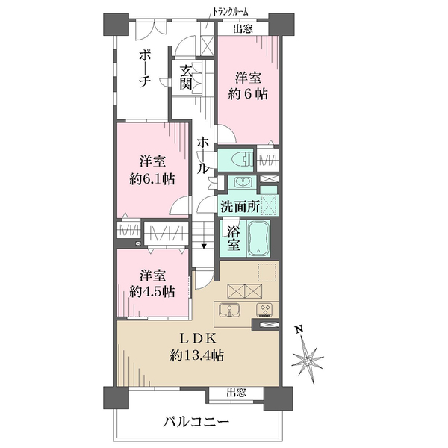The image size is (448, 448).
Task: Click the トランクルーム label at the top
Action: tap(230, 12)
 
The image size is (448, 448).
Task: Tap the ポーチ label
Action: tap(145, 69)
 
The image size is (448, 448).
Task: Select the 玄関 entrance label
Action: tap(186, 77)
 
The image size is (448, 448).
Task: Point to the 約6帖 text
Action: tap(248, 94)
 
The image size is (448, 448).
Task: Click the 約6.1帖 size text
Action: tap(152, 179)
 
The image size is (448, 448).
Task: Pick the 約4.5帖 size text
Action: tap(152, 292)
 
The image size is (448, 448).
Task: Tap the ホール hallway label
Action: tap(202, 155)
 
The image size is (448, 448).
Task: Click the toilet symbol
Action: tap(242, 160)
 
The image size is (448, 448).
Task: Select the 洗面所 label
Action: tap(240, 206)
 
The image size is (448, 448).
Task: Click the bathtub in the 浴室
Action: tap(258, 238)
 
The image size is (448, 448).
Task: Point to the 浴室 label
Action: tap(233, 239)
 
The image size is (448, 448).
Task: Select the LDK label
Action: tap(197, 339)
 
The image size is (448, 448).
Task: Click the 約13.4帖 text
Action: tap(197, 356)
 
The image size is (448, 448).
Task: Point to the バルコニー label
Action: tap(196, 422)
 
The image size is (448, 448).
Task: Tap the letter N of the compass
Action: tap(299, 329)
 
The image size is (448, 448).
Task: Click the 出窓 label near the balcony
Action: tap(236, 393)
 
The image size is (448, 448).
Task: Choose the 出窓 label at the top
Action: tap(243, 28)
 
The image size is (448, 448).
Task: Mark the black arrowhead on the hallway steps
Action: tap(204, 246)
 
